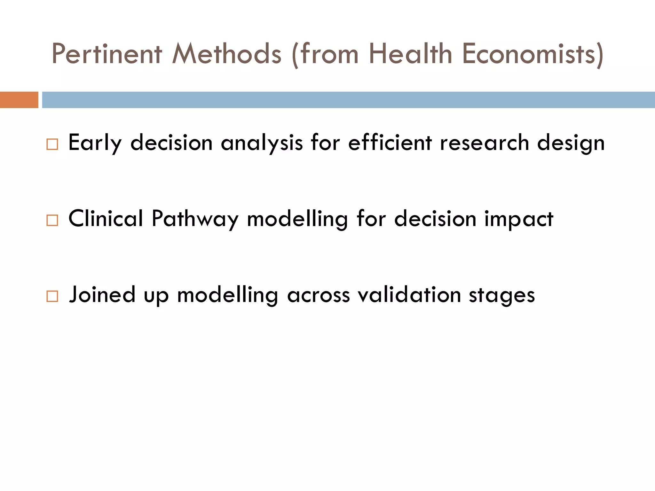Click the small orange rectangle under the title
19,100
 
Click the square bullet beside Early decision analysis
52,144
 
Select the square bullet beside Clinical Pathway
52,221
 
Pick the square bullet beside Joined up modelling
52,296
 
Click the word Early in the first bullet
95,143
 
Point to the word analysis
262,143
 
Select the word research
484,143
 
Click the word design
571,143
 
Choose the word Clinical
106,219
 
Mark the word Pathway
195,219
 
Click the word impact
518,219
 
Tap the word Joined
102,294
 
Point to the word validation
409,294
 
